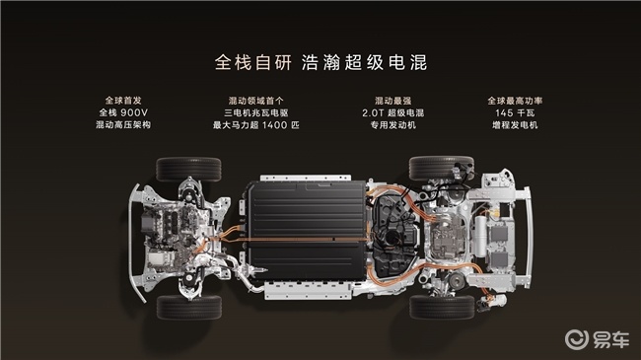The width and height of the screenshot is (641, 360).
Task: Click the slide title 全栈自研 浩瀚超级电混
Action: click(x=320, y=60)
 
